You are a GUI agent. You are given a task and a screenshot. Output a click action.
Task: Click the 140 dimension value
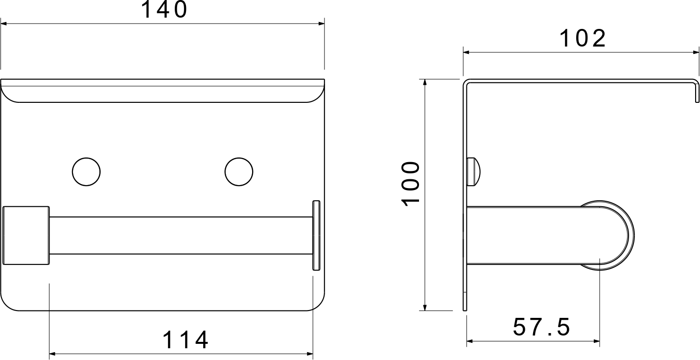(x=164, y=9)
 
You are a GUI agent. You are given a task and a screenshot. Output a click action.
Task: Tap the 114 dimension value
(x=186, y=340)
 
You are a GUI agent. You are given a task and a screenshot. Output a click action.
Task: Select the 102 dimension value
(x=583, y=39)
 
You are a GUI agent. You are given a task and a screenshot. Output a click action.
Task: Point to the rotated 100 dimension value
(x=411, y=184)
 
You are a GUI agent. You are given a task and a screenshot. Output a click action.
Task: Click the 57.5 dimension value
(x=541, y=327)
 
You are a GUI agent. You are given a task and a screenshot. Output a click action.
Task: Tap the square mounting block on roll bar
(x=26, y=236)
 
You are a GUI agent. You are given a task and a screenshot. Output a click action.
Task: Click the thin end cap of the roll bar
(x=316, y=236)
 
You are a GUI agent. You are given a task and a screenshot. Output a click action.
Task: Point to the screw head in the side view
(x=473, y=172)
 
